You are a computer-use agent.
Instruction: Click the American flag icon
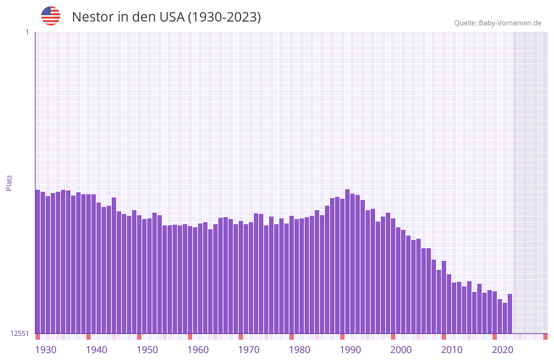point(51,16)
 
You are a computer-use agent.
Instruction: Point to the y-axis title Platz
point(9,182)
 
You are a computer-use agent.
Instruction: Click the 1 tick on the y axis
point(27,32)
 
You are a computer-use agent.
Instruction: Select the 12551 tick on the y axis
point(19,333)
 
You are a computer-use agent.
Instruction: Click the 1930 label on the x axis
point(46,350)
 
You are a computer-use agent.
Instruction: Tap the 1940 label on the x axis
point(96,350)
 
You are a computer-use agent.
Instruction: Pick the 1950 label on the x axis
point(147,350)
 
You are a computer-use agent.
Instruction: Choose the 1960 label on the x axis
point(198,350)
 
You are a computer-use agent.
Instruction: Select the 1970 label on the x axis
point(249,350)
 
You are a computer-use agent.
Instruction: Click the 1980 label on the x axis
point(300,350)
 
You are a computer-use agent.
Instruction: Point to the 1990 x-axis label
point(350,350)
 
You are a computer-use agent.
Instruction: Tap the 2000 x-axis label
point(401,350)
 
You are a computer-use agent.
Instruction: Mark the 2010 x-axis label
point(452,350)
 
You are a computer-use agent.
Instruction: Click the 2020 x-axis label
point(503,350)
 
